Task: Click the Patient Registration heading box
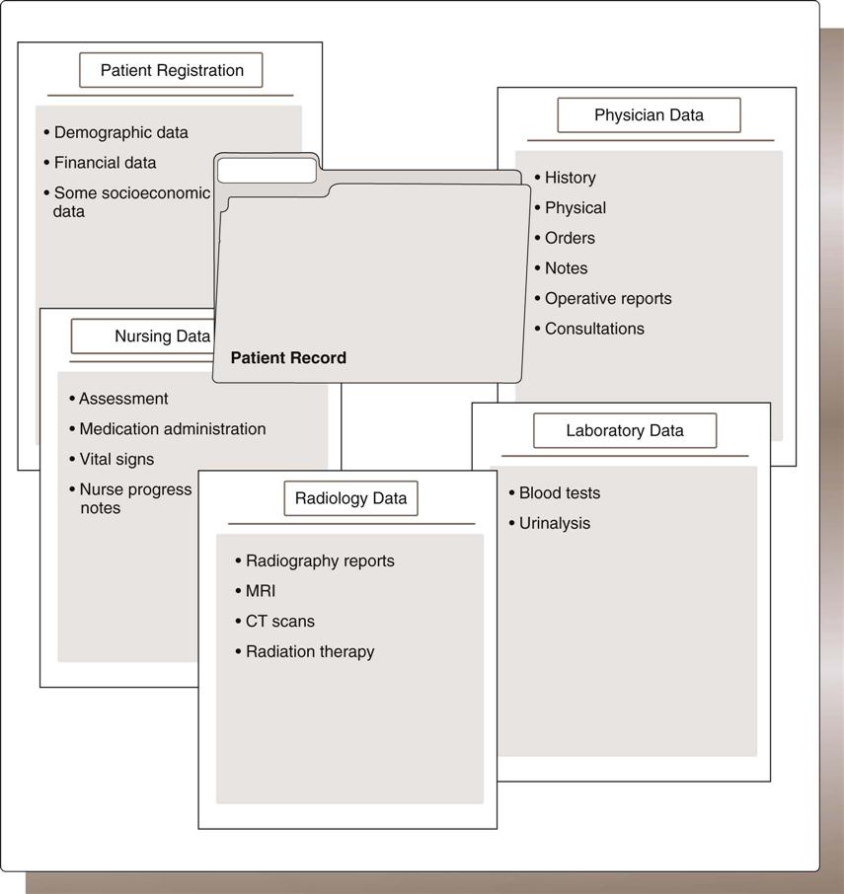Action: tap(172, 70)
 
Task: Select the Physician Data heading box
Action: tap(649, 114)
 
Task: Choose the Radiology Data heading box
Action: tap(350, 498)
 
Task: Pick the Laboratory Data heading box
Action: tap(624, 430)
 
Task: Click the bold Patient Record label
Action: tap(288, 358)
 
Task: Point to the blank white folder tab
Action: tap(267, 170)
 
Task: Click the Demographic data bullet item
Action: tap(120, 132)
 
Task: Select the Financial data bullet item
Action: tap(105, 162)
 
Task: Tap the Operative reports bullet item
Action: tap(607, 298)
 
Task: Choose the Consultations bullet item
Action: tap(593, 329)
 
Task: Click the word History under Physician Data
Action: tap(570, 178)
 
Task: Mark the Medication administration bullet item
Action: tap(172, 428)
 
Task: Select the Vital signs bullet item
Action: tap(116, 459)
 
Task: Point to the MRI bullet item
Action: tap(261, 591)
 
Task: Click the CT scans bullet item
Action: tap(279, 621)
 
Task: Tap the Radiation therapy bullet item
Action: tap(310, 651)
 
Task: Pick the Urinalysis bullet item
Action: tap(554, 523)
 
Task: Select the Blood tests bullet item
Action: tap(559, 492)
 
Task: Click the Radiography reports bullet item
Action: tap(320, 560)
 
